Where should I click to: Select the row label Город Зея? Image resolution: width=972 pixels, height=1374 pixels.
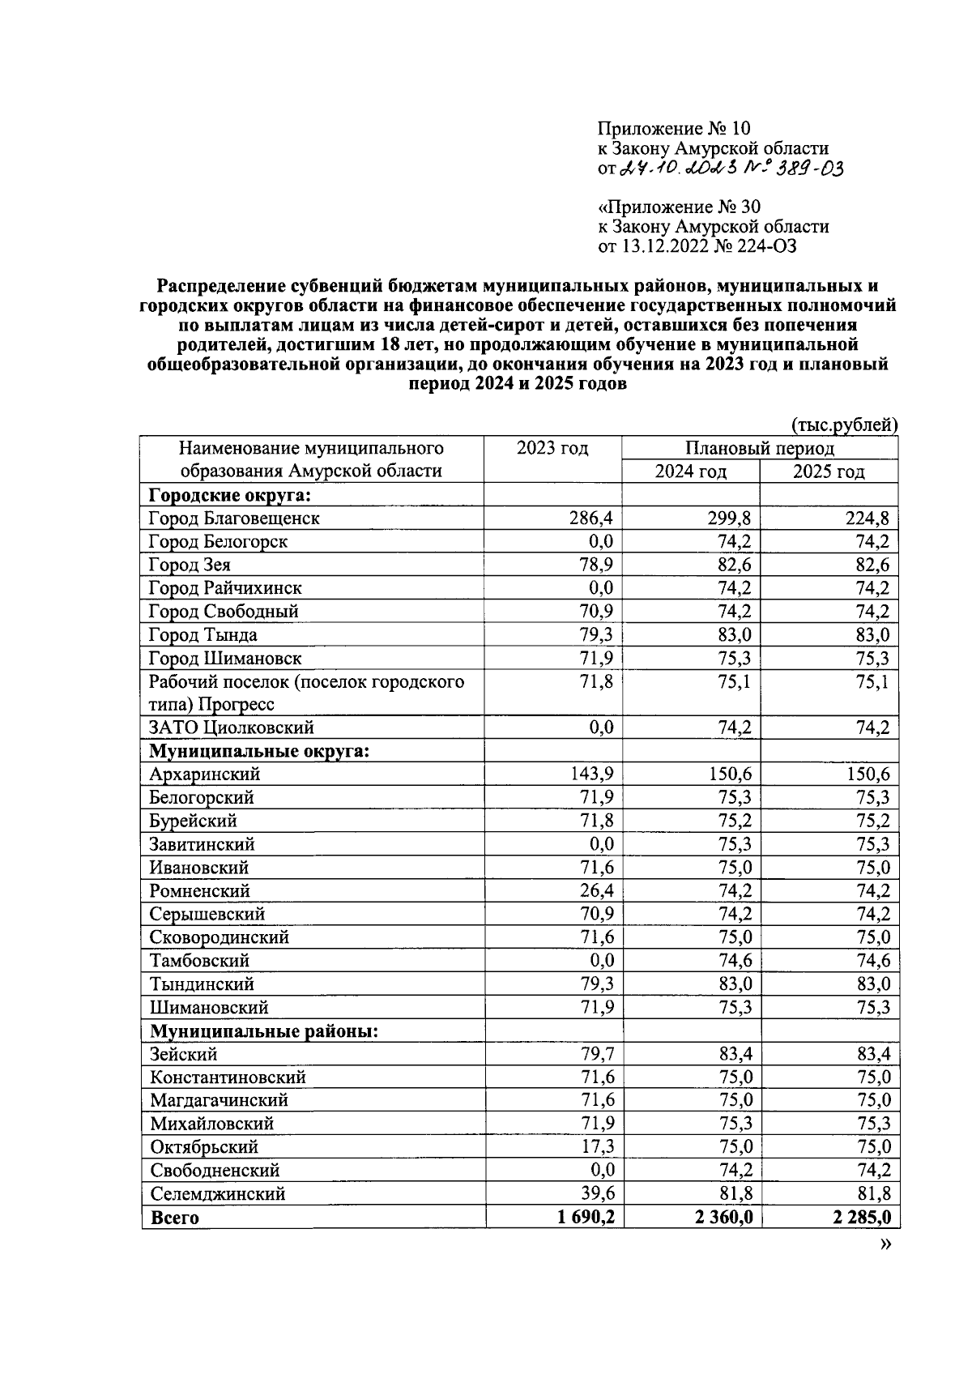pos(190,565)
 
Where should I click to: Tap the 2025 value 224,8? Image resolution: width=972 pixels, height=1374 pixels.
pos(868,518)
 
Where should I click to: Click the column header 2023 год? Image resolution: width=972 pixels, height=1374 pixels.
pos(552,448)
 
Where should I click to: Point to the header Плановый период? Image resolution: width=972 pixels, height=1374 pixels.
pos(759,448)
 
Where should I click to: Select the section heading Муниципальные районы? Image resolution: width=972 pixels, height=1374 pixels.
pos(265,1031)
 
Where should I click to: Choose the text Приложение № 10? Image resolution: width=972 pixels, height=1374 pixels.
pos(674,128)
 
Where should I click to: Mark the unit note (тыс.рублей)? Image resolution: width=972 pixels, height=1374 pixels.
pos(843,425)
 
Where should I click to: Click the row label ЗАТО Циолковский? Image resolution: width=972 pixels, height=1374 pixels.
pos(232,728)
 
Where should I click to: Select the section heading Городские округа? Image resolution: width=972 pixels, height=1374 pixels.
pos(231,495)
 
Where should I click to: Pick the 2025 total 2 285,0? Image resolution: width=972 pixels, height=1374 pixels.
pos(863,1218)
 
